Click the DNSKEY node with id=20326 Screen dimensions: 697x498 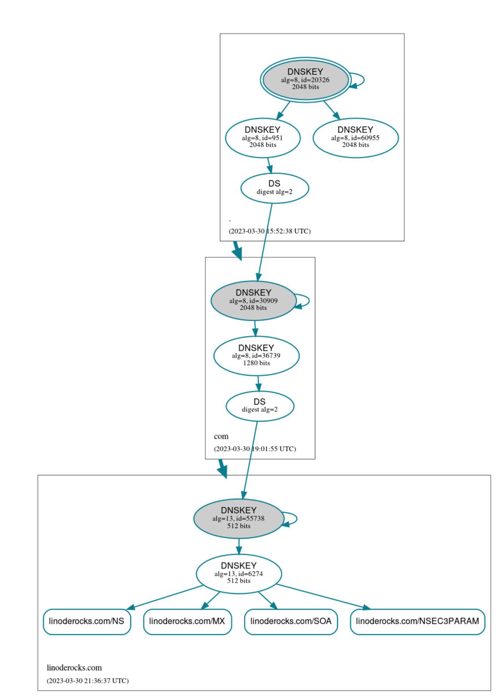[x=305, y=79]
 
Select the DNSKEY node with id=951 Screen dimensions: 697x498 [x=263, y=138]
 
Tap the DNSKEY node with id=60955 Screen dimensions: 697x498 [x=355, y=138]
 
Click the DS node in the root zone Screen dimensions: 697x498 [x=275, y=187]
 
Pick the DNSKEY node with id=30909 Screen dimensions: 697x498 [x=253, y=300]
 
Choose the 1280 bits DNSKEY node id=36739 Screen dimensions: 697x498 [x=256, y=356]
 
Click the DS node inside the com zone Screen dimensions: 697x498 [x=260, y=406]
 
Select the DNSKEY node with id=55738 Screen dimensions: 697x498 [x=238, y=518]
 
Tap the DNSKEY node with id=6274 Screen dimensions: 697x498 [x=238, y=574]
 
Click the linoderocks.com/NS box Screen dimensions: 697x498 [x=87, y=621]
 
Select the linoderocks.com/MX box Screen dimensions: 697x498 [x=187, y=621]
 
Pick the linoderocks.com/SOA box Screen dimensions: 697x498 [x=291, y=621]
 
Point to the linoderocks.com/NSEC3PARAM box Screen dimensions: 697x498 [x=417, y=621]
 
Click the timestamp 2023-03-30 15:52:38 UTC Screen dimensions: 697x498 [x=270, y=231]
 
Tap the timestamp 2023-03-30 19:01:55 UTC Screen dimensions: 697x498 [x=255, y=449]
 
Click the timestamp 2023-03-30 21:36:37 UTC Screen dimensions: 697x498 [x=88, y=680]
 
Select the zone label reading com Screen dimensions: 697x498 [x=221, y=437]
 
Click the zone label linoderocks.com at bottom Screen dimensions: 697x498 [x=74, y=668]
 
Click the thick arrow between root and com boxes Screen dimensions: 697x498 [x=237, y=250]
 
